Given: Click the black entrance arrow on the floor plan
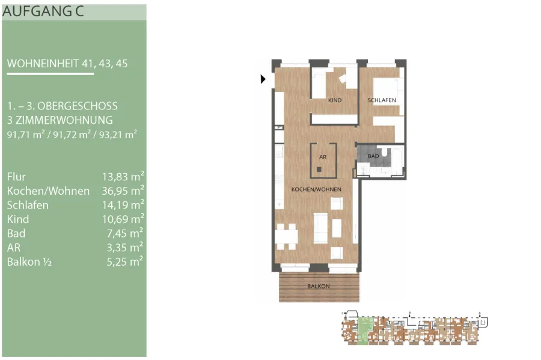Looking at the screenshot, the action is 263,79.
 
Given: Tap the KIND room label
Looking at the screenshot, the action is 335,100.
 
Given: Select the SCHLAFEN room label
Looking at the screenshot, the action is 382,100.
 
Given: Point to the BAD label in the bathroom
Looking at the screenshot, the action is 373,156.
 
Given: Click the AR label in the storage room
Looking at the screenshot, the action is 323,157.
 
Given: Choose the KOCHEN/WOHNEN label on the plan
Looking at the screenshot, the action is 316,189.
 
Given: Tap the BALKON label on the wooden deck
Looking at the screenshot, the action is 319,286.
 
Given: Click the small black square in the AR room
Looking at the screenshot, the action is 319,169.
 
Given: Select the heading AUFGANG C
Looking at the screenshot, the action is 43,11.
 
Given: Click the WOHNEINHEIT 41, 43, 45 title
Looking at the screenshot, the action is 67,64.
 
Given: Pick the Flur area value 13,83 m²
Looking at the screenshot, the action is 123,176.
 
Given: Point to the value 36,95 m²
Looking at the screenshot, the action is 123,191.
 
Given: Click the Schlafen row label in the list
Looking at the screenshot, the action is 28,205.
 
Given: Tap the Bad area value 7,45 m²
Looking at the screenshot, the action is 125,233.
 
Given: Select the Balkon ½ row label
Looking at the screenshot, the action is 29,261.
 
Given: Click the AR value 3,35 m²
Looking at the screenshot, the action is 125,247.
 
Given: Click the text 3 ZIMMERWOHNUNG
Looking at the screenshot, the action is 60,120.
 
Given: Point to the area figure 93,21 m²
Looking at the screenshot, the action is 118,134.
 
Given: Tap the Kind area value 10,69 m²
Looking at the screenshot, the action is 123,219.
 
